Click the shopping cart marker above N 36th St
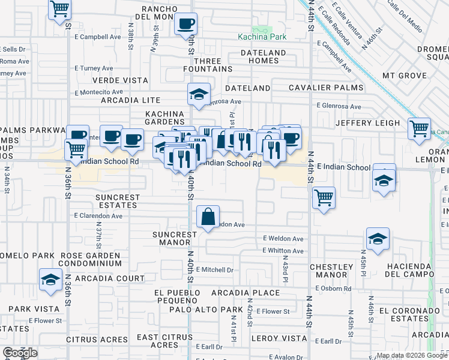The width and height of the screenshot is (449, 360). tap(59, 10)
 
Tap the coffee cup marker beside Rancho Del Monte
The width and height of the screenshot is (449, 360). tap(185, 24)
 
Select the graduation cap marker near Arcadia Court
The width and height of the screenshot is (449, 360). tap(50, 279)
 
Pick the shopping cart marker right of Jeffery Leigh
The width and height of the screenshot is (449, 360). tap(419, 128)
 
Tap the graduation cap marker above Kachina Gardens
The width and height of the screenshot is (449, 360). tap(199, 94)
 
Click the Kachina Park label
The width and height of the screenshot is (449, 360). tap(262, 37)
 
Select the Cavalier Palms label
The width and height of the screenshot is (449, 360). tap(326, 88)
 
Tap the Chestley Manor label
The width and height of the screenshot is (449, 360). tap(331, 271)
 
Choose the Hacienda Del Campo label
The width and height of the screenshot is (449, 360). tap(409, 270)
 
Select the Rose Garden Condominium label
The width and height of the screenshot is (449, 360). tap(91, 259)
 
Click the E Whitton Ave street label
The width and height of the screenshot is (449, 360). tap(283, 251)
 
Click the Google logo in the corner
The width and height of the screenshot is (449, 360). tap(20, 353)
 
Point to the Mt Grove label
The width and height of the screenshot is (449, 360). tap(405, 76)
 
